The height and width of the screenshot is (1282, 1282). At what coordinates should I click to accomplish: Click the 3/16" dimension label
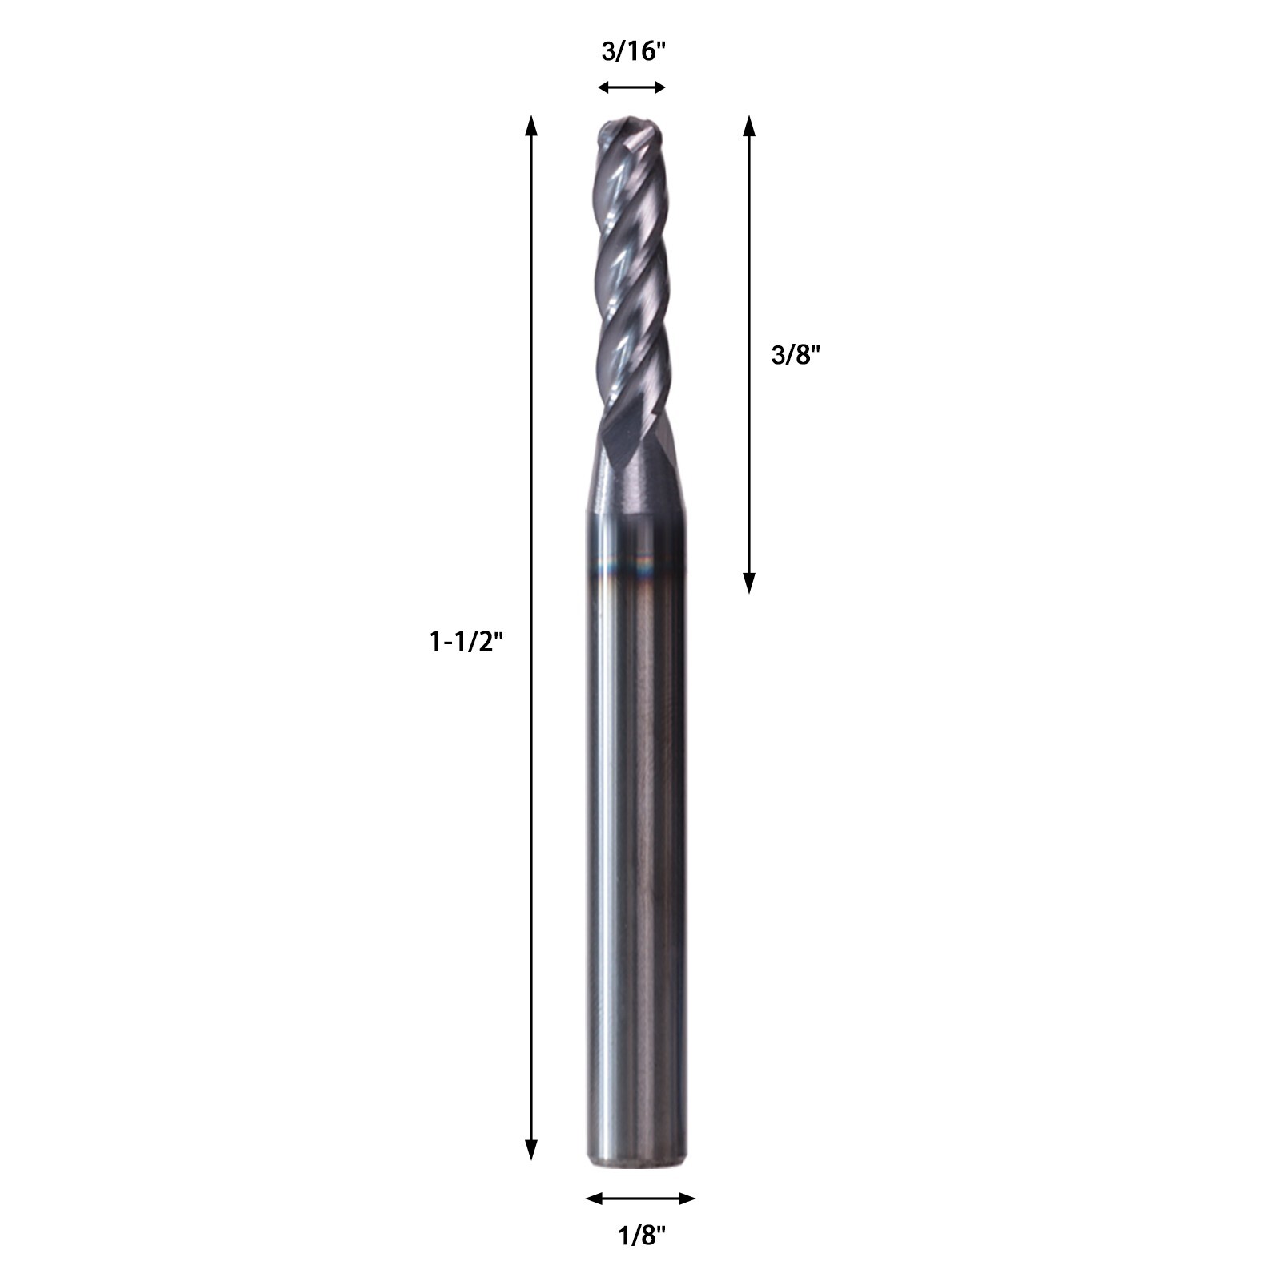(634, 52)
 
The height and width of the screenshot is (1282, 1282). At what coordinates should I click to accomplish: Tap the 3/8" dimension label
(796, 355)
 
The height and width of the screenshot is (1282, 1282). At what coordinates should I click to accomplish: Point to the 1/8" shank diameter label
(642, 1236)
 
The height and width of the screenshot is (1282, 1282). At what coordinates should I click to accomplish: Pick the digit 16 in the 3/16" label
(646, 52)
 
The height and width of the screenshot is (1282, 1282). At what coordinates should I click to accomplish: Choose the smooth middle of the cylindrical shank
(637, 841)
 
